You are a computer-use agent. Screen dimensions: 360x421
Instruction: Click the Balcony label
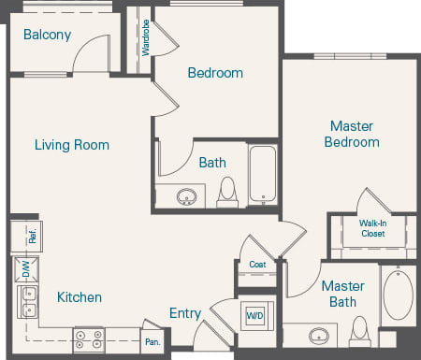click(47, 36)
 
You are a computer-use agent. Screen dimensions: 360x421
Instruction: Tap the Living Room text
click(72, 145)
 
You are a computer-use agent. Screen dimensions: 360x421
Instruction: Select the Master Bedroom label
click(352, 134)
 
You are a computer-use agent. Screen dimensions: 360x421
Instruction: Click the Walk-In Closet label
click(373, 228)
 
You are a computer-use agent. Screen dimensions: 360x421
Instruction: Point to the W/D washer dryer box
click(254, 315)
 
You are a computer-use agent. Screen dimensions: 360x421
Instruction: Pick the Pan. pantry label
click(152, 342)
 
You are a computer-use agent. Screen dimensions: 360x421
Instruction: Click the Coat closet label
click(257, 265)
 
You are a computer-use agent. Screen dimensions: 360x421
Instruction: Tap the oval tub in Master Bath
click(399, 296)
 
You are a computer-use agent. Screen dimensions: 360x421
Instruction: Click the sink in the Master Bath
click(320, 335)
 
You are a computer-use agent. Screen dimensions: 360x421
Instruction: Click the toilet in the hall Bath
click(227, 192)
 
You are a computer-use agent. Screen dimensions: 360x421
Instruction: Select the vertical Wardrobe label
click(146, 37)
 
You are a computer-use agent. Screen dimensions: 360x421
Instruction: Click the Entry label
click(185, 313)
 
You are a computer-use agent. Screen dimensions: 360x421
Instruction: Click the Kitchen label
click(80, 297)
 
